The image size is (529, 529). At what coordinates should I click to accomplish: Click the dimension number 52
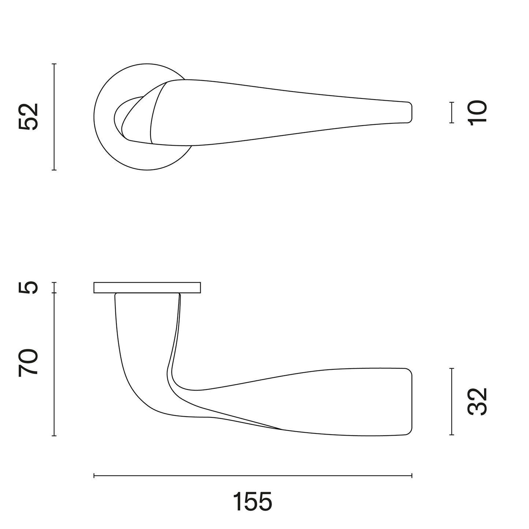point(28,117)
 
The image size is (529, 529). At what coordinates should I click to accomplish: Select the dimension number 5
point(28,287)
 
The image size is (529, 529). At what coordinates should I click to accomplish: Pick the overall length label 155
point(253,501)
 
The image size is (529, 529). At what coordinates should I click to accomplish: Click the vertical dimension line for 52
point(54,117)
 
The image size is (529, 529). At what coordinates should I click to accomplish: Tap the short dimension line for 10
point(452,112)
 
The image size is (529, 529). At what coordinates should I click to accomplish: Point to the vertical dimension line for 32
point(452,402)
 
